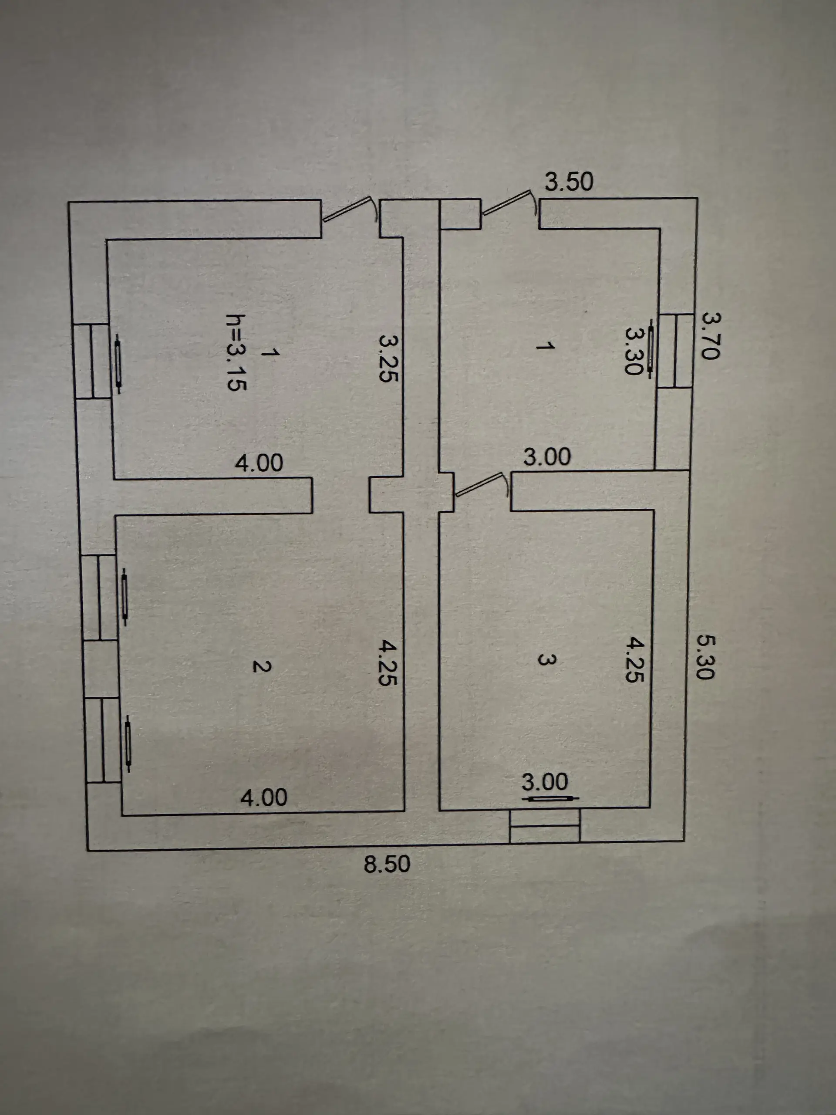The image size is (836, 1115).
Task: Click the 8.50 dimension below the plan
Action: tap(387, 864)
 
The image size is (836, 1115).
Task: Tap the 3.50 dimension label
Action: tap(569, 182)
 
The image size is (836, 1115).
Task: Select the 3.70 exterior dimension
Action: tap(711, 336)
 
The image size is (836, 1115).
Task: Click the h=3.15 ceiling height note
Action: tap(236, 352)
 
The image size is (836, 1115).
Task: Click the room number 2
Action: tap(262, 666)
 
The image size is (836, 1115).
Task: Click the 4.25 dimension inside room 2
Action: tap(388, 663)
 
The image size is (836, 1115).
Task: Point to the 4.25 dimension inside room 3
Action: tap(634, 659)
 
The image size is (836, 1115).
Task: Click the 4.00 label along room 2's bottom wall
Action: tap(263, 797)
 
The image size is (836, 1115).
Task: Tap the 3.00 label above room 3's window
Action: tap(545, 782)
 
